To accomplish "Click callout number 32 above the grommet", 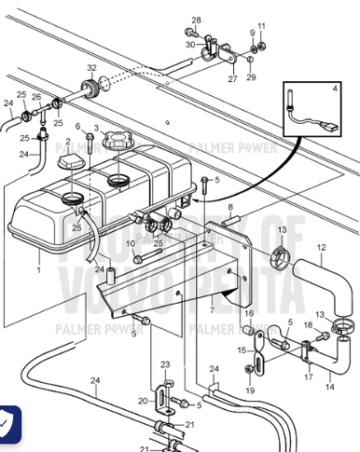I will point(91,68).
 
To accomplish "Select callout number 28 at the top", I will point(196,21).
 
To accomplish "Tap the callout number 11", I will point(261,25).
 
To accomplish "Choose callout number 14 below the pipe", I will point(328,385).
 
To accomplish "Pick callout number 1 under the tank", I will point(39,268).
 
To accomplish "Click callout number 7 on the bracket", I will point(212,309).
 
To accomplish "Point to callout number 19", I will point(249,390).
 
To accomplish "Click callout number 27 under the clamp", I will point(232,79).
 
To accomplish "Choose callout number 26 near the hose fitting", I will point(36,96).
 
